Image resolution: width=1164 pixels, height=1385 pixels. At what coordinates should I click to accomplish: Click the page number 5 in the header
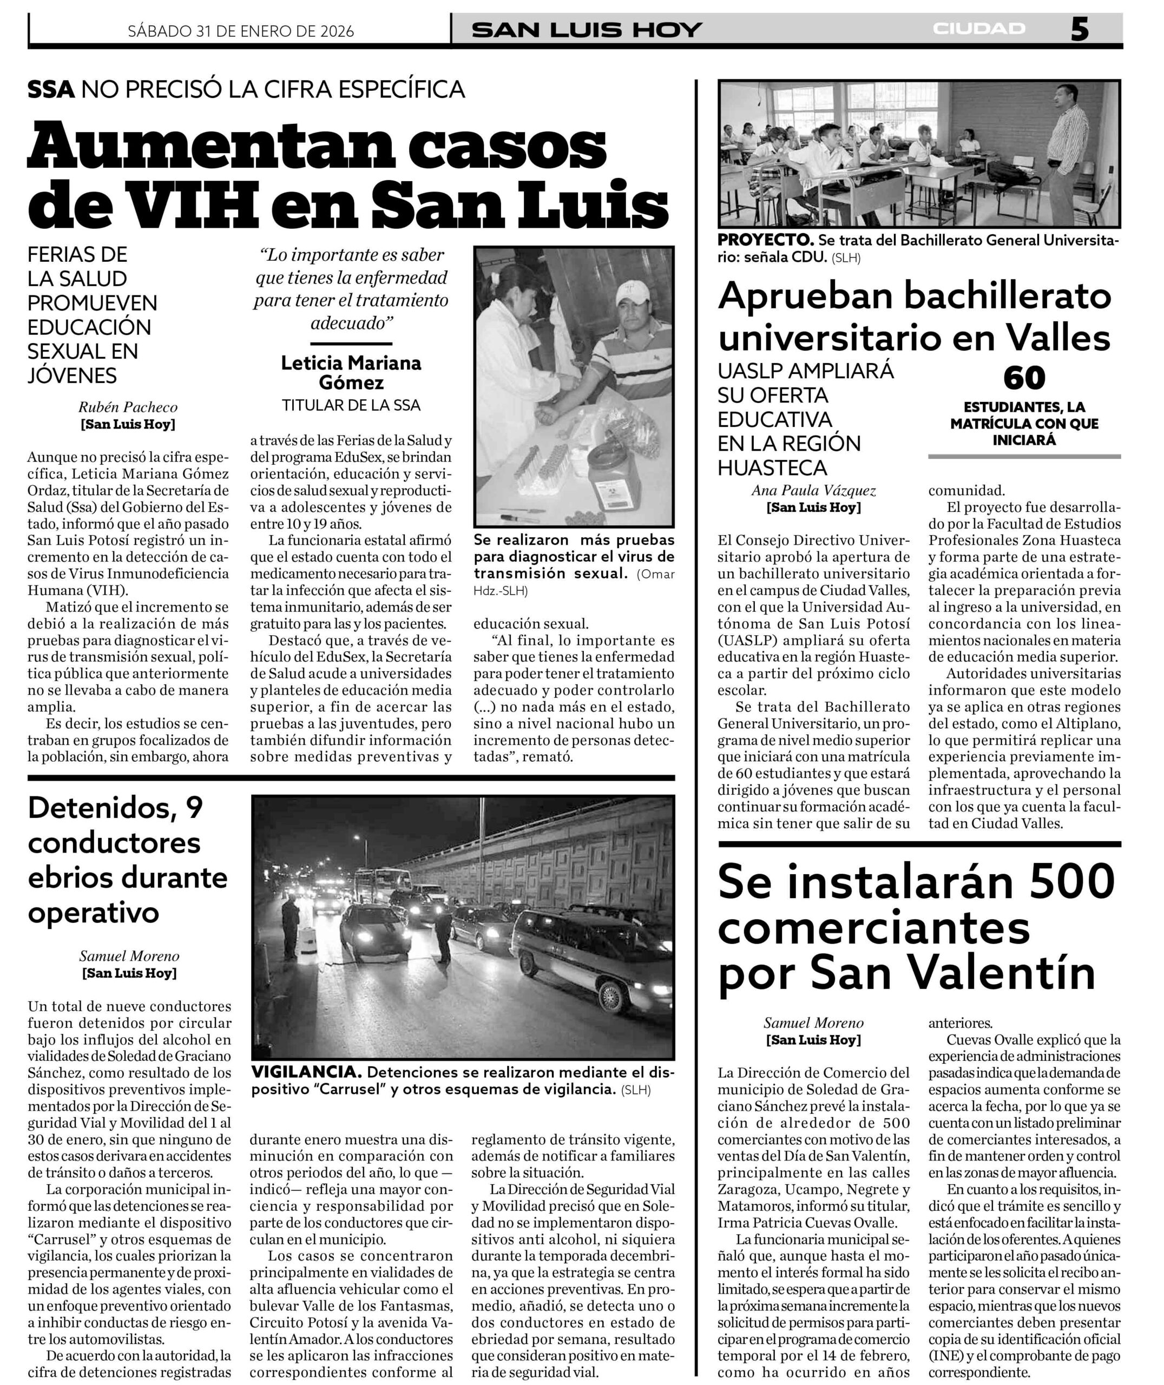pyautogui.click(x=1079, y=30)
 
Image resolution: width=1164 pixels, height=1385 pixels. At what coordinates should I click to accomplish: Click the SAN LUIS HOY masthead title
pyautogui.click(x=587, y=30)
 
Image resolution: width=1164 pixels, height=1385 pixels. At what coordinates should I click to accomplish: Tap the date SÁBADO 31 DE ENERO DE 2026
pyautogui.click(x=241, y=31)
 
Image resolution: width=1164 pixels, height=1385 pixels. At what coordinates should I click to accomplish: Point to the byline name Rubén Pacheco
pyautogui.click(x=128, y=407)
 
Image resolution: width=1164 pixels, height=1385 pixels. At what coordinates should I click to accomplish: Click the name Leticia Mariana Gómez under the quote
pyautogui.click(x=351, y=372)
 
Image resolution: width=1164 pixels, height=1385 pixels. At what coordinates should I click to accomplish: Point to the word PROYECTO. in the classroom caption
pyautogui.click(x=765, y=240)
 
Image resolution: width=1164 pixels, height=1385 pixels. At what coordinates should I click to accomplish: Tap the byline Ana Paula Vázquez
pyautogui.click(x=813, y=490)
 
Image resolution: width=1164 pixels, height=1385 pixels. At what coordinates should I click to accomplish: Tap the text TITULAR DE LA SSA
pyautogui.click(x=351, y=405)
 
